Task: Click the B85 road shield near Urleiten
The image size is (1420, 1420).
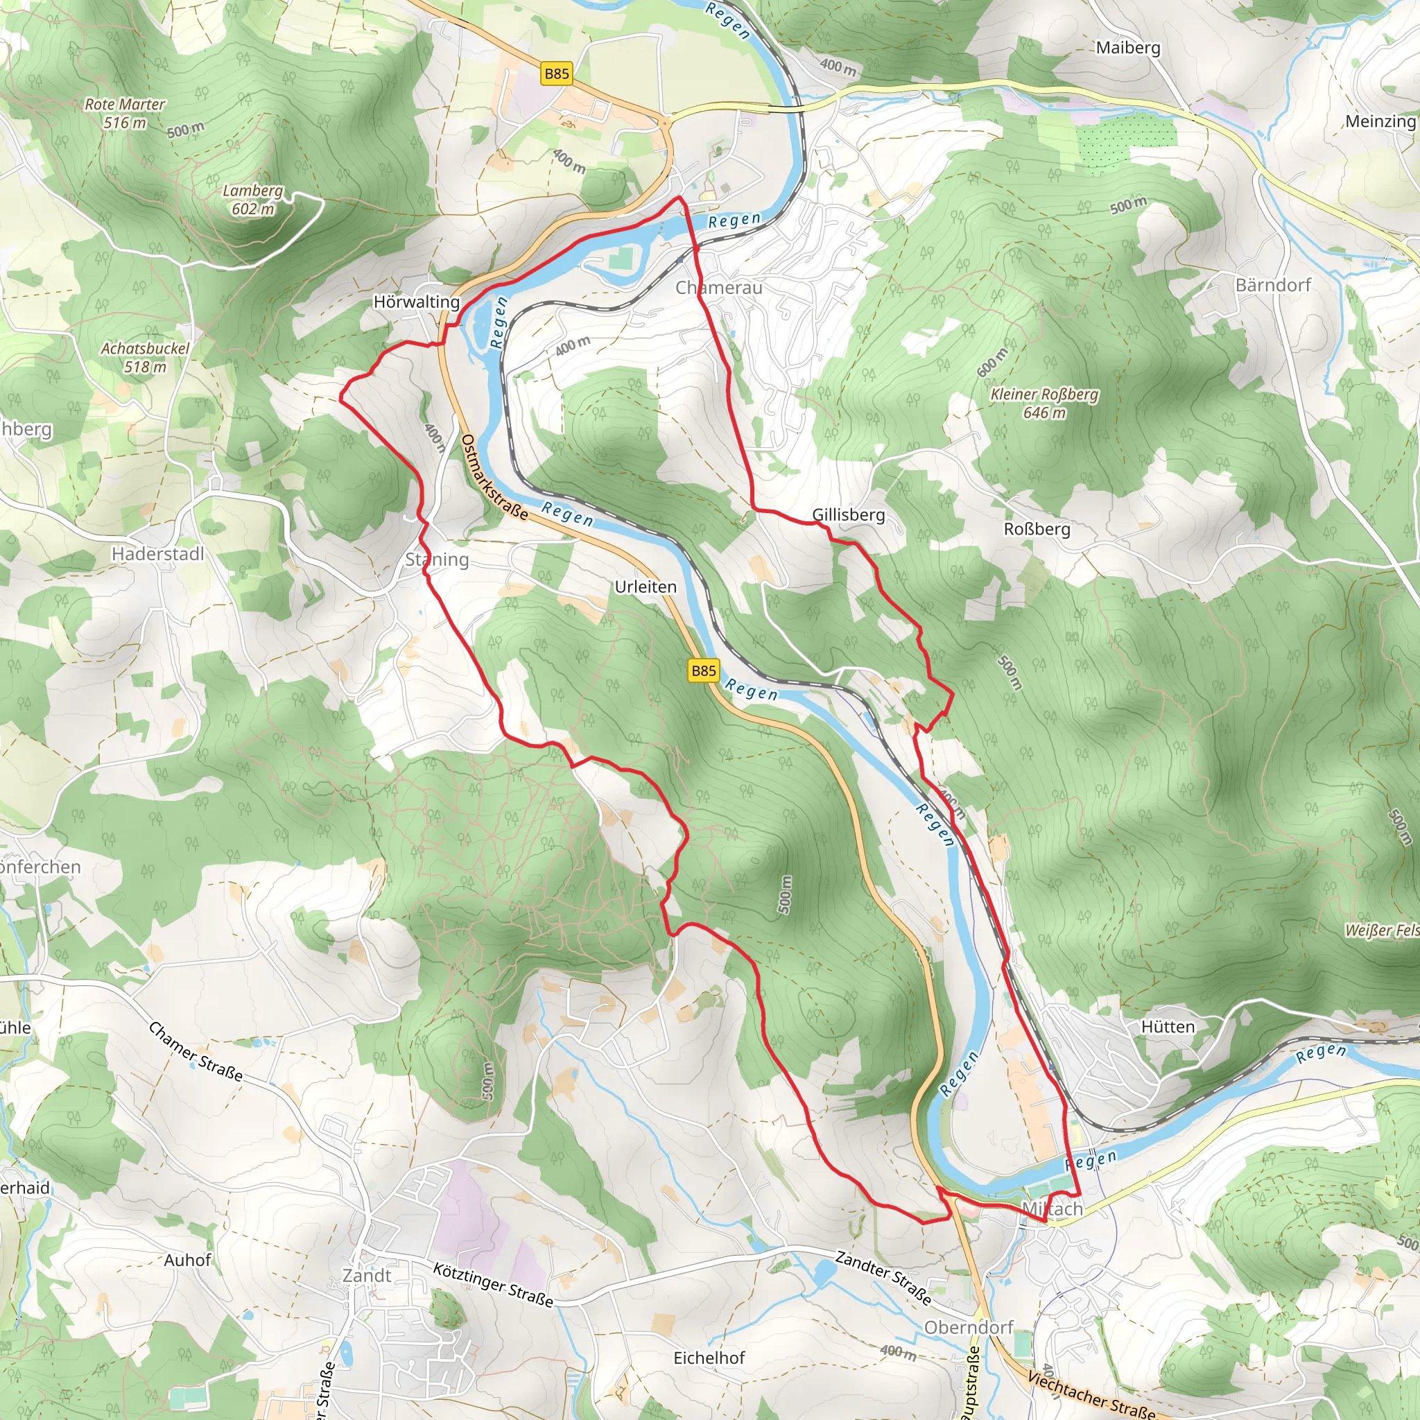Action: coord(703,670)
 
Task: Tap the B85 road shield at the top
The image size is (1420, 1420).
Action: coord(556,73)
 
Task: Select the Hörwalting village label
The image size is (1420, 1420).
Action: coord(416,302)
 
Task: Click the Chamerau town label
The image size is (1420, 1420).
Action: coord(718,288)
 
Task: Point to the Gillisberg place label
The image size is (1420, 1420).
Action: coord(848,514)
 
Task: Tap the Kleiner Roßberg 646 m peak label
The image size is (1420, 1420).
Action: coord(1044,404)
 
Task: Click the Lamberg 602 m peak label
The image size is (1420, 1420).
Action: coord(253,200)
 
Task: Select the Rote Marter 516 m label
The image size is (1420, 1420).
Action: coord(125,113)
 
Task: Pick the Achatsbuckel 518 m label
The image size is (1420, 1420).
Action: coord(145,357)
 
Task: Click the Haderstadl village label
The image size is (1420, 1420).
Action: coord(158,554)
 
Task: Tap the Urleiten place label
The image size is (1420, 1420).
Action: coord(646,587)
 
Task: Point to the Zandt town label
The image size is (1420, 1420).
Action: coord(367,1275)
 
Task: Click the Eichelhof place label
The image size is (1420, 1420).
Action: coord(709,1358)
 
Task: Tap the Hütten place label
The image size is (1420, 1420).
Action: coord(1167,1027)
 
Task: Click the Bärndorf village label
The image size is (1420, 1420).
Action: coord(1272,285)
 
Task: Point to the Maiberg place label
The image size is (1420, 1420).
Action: coord(1127,48)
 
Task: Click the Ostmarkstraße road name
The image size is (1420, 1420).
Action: coord(494,477)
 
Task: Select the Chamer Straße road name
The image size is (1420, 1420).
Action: coord(196,1051)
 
